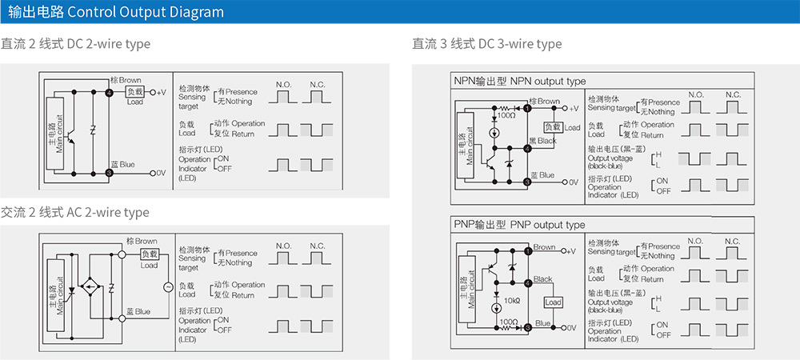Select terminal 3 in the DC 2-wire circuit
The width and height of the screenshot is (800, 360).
pyautogui.click(x=109, y=172)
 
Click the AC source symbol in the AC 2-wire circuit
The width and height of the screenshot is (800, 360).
pyautogui.click(x=168, y=286)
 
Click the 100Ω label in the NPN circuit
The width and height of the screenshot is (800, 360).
pyautogui.click(x=506, y=116)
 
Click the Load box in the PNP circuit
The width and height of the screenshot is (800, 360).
pyautogui.click(x=553, y=302)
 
